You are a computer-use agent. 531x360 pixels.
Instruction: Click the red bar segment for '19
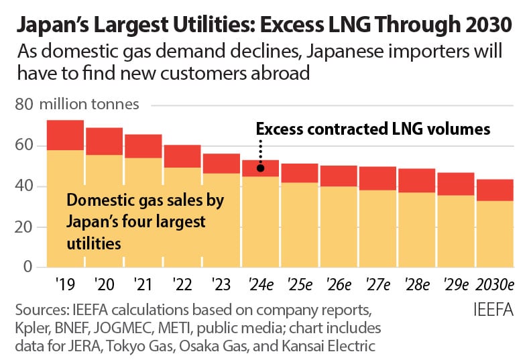tap(65, 135)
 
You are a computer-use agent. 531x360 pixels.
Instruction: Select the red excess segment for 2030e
tap(495, 190)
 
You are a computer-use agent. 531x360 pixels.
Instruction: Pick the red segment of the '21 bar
tap(143, 146)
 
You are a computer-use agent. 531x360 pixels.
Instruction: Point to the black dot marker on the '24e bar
tap(260, 170)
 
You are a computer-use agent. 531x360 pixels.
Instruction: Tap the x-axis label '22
tap(182, 284)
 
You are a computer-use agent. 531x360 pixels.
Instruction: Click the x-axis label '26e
tap(338, 284)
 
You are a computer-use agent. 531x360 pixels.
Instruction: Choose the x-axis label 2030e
tap(495, 284)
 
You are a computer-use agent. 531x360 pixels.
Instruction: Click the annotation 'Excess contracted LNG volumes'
tap(373, 129)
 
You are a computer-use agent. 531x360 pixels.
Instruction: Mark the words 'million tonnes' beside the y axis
tap(89, 105)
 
